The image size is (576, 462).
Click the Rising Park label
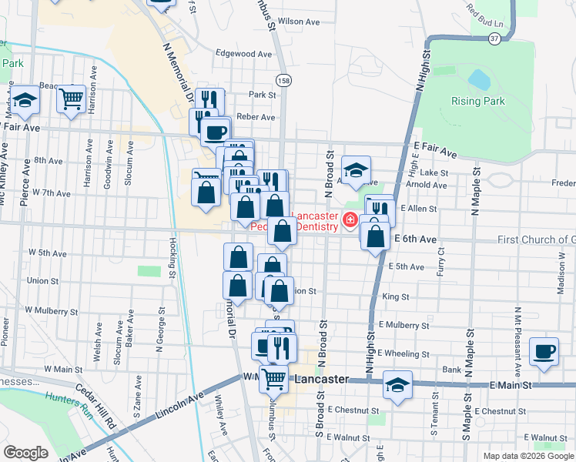point(478,101)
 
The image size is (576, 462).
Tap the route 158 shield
point(283,80)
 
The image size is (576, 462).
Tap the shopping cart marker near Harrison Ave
point(71,99)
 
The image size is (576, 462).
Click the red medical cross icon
point(350,221)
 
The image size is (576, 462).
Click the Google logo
point(25,453)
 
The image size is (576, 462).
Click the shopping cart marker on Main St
point(273,378)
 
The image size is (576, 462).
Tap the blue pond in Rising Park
point(479,79)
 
